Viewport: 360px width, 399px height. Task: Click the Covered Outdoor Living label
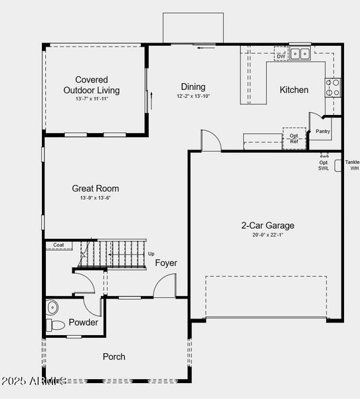click(x=92, y=84)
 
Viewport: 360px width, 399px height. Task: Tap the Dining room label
click(x=193, y=86)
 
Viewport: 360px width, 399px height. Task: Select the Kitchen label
click(x=294, y=90)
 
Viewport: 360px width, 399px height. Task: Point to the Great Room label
click(x=96, y=188)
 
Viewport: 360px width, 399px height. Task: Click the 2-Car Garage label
click(x=268, y=225)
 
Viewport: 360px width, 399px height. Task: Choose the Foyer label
click(x=166, y=263)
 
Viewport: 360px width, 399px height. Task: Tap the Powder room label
click(x=83, y=323)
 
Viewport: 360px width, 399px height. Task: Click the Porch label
click(x=114, y=356)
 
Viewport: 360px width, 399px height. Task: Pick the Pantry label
click(x=323, y=131)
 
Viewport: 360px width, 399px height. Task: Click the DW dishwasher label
click(x=281, y=57)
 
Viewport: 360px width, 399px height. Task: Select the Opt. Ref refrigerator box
click(x=294, y=138)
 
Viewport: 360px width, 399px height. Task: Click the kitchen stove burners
click(x=332, y=86)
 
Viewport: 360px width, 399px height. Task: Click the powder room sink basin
click(x=52, y=307)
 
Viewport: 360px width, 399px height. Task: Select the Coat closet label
click(x=58, y=245)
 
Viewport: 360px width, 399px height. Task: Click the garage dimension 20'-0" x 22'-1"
click(x=268, y=235)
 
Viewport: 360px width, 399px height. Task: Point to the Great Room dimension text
click(x=96, y=198)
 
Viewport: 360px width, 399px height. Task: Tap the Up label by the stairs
click(x=151, y=254)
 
